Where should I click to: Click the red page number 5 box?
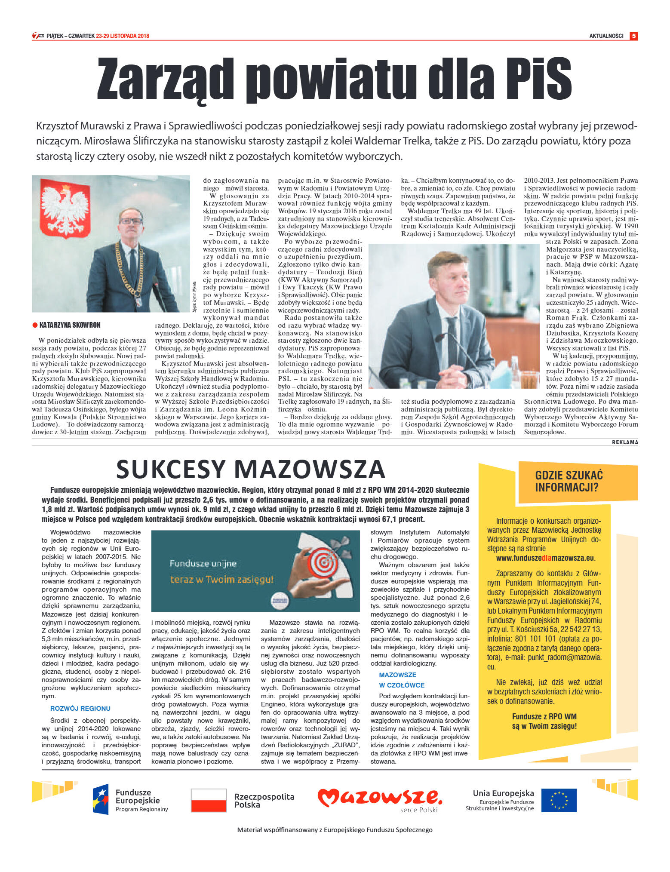click(x=633, y=36)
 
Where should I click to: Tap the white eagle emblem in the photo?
click(x=66, y=207)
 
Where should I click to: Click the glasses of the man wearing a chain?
click(x=131, y=221)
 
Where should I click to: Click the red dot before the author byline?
click(x=35, y=325)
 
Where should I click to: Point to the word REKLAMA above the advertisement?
click(x=625, y=442)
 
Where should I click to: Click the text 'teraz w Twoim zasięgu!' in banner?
click(x=222, y=580)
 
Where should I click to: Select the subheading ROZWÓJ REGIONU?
click(x=80, y=708)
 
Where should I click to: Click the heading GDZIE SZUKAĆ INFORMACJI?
click(x=569, y=481)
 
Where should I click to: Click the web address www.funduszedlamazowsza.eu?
click(x=545, y=558)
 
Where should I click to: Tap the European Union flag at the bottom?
click(x=559, y=800)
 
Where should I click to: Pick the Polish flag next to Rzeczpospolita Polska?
click(x=209, y=800)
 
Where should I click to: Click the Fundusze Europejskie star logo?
click(x=101, y=799)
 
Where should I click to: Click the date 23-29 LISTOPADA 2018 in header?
click(x=123, y=36)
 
